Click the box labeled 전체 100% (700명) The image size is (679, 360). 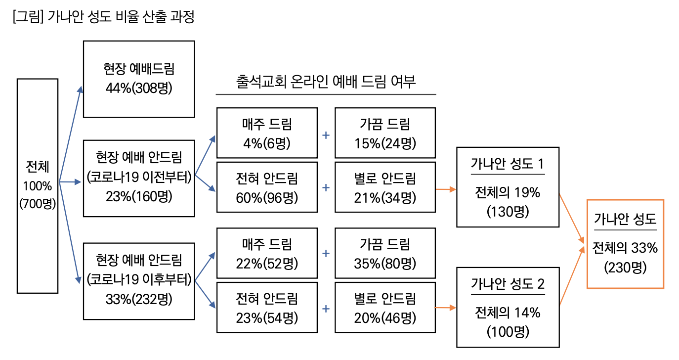(38, 186)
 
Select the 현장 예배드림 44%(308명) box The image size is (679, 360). (139, 79)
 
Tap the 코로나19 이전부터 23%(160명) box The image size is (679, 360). (139, 179)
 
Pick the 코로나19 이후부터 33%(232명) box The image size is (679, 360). (139, 281)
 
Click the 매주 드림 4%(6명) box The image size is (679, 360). (267, 133)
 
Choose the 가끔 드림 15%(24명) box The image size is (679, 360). (385, 133)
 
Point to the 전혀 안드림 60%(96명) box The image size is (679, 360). (267, 187)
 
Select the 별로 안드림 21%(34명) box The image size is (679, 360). (385, 187)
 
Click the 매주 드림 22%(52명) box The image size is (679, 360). (267, 253)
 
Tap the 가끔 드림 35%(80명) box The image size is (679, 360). (385, 253)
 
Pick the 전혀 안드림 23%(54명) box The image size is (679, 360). (267, 307)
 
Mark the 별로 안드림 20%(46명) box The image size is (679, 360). (385, 307)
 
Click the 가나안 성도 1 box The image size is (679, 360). (508, 187)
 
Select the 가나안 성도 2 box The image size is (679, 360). (508, 307)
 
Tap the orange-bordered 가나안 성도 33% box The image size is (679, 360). (625, 244)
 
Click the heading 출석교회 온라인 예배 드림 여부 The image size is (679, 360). (326, 82)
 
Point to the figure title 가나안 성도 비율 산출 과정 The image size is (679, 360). (104, 18)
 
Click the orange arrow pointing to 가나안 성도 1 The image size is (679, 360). (446, 189)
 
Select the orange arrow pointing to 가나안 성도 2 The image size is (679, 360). (446, 309)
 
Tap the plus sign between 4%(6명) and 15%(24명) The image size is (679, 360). (326, 135)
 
